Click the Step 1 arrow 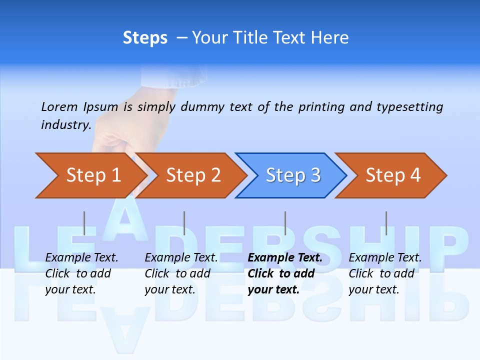(x=93, y=175)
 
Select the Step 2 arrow (x=193, y=175)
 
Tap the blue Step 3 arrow (x=293, y=175)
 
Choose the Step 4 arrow (x=393, y=175)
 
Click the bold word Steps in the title (x=145, y=38)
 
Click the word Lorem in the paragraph (x=59, y=106)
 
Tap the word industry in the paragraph (x=65, y=124)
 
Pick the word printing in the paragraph (x=321, y=106)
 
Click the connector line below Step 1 (x=84, y=223)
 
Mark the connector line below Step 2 (x=184, y=223)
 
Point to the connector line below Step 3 (x=285, y=223)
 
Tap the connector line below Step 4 (x=386, y=223)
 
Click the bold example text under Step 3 (x=284, y=273)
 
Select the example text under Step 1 (x=81, y=273)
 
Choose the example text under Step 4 (x=385, y=273)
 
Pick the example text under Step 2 (x=181, y=273)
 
